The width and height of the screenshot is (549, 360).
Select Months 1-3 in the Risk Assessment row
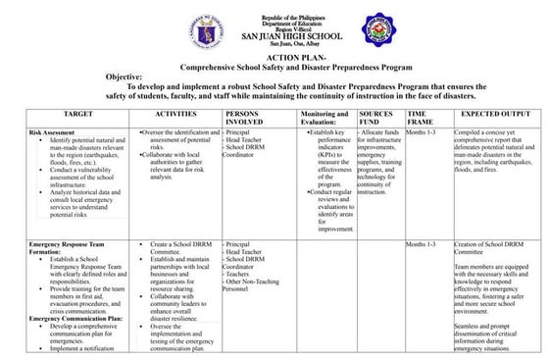[x=422, y=130]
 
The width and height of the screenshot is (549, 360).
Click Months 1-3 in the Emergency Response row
[x=422, y=243]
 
